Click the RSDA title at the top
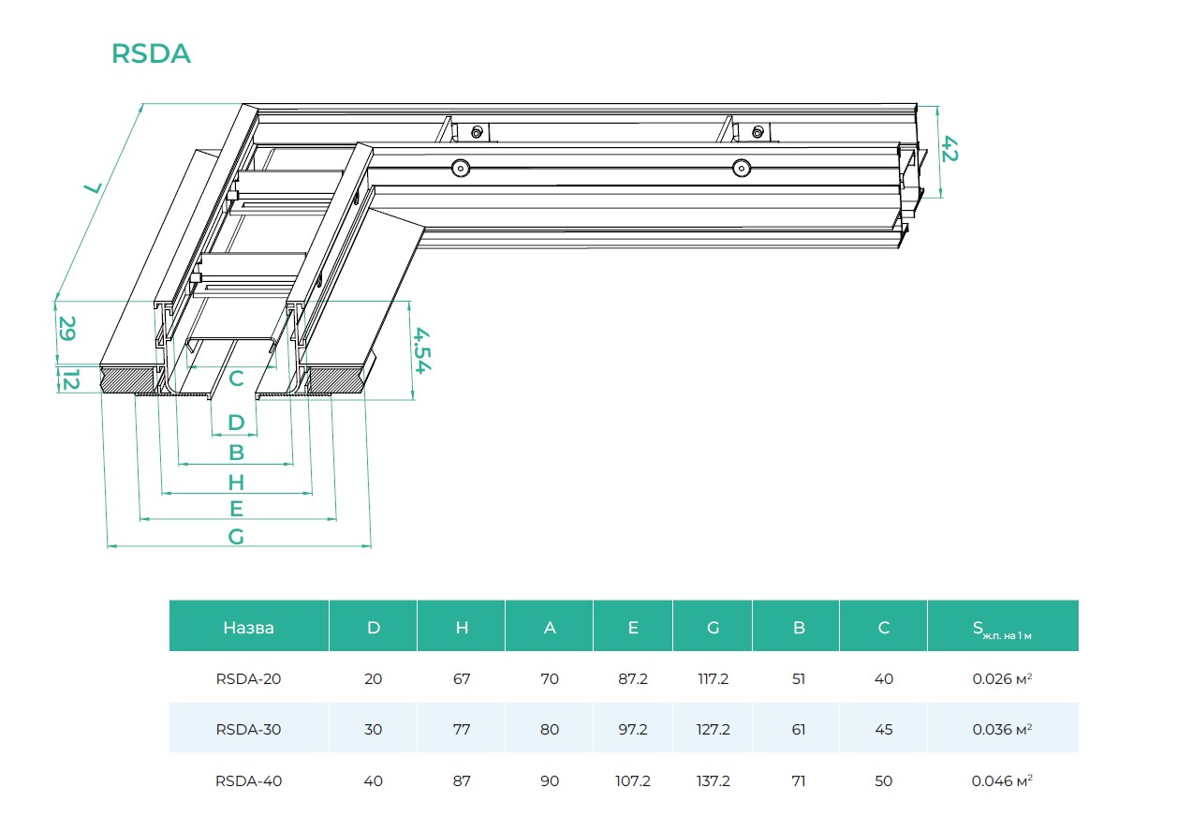[151, 54]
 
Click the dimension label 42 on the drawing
[949, 149]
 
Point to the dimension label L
[92, 187]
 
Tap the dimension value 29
[67, 329]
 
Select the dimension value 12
[68, 380]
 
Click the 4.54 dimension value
[422, 350]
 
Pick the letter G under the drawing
[236, 536]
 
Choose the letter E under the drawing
[236, 509]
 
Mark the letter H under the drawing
[236, 482]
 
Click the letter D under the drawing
[236, 423]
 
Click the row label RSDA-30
[248, 730]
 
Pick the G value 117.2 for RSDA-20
[713, 679]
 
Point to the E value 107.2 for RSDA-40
[632, 780]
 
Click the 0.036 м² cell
[1002, 730]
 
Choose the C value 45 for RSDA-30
[883, 730]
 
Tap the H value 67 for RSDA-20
[462, 679]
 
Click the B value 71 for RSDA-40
[799, 780]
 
